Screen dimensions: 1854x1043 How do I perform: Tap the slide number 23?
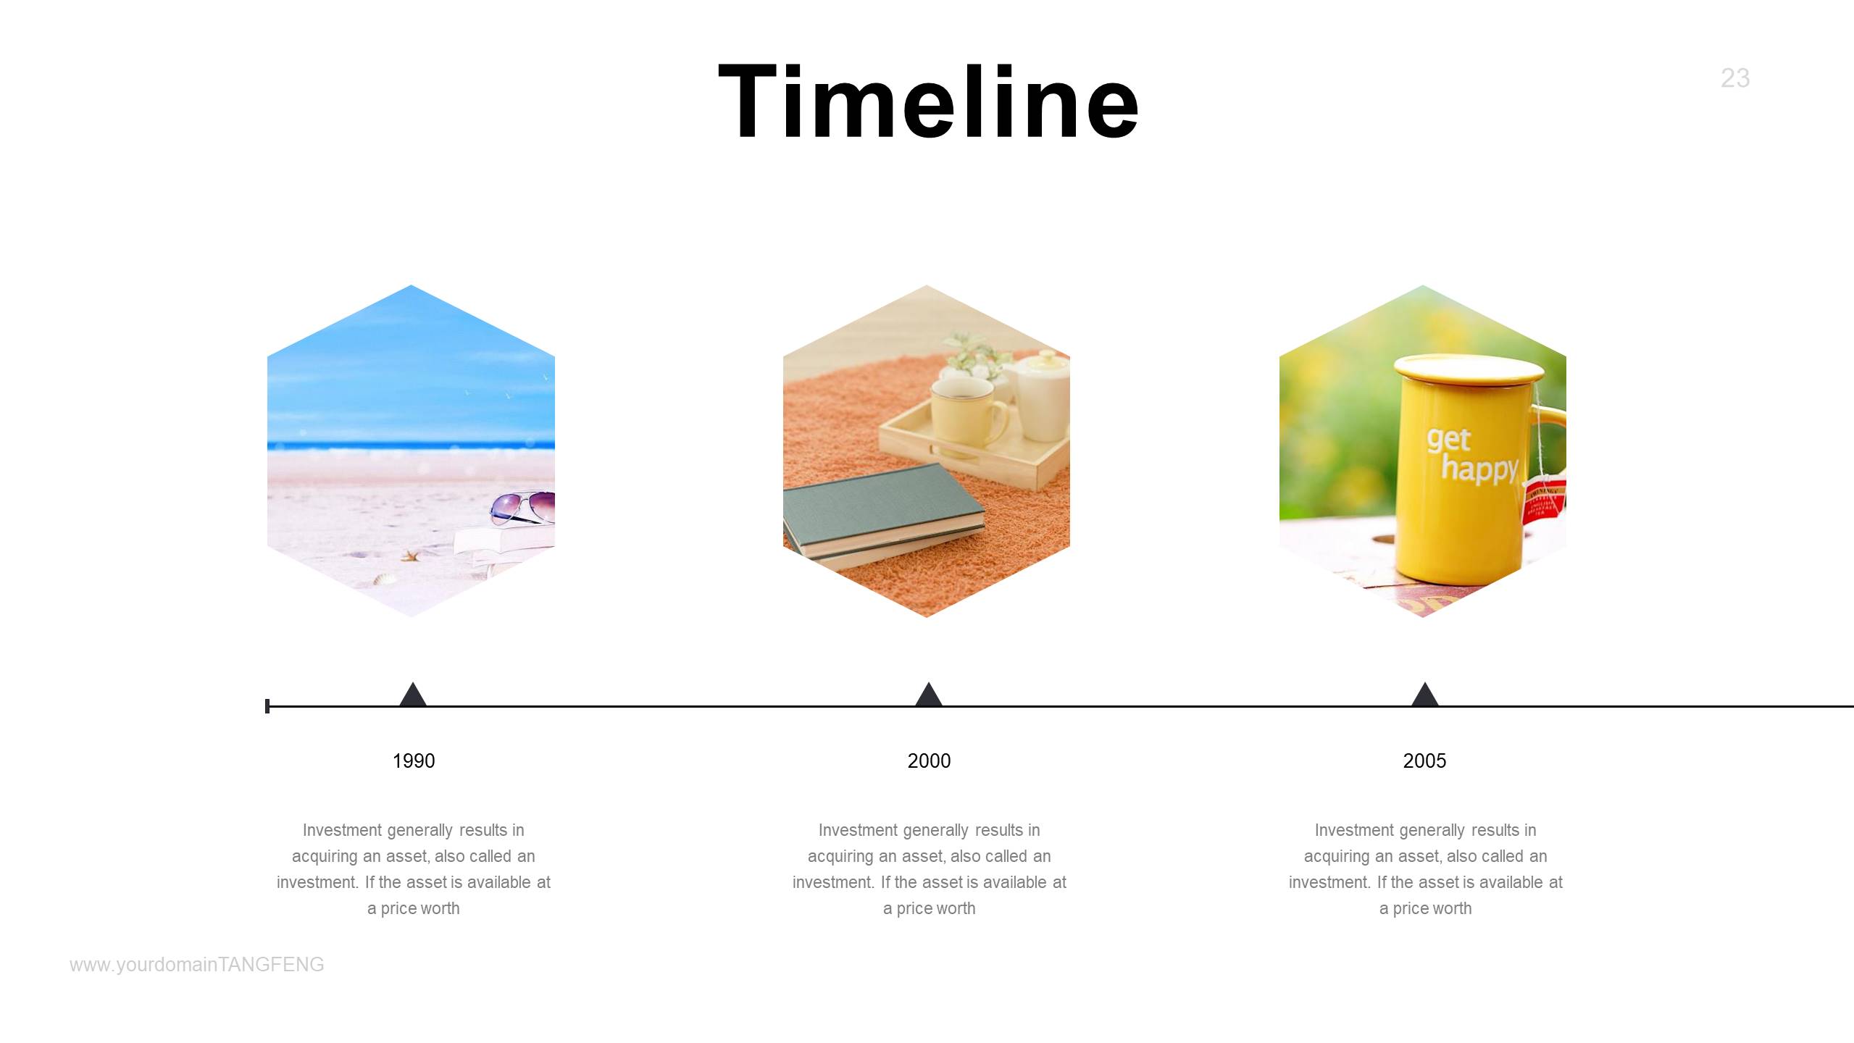[1735, 78]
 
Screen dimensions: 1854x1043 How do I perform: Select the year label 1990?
[414, 761]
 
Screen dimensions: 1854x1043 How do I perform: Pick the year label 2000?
[929, 761]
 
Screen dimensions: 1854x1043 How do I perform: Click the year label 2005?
[1424, 761]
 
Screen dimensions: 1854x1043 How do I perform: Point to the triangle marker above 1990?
[413, 695]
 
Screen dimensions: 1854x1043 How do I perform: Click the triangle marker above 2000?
[929, 695]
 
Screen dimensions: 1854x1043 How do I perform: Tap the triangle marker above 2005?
[1425, 695]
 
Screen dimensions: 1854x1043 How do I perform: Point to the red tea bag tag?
[1545, 500]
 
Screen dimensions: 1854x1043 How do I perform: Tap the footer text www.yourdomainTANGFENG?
[197, 965]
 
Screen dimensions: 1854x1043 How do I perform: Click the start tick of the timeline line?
[267, 705]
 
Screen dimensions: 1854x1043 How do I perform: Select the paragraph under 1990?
[414, 869]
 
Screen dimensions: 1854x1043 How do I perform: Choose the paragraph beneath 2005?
[1425, 869]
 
